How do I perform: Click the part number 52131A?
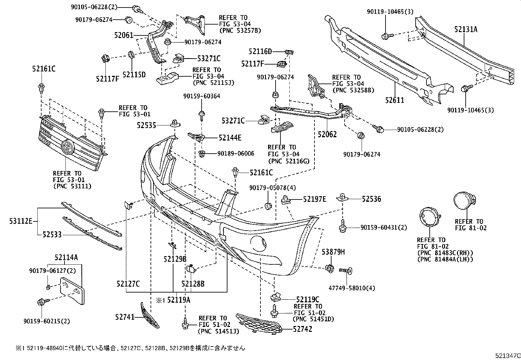click(x=466, y=29)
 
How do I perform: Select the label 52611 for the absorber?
click(x=394, y=100)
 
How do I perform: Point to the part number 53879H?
click(x=333, y=252)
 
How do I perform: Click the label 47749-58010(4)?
click(x=352, y=288)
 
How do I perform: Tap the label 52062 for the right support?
click(x=327, y=134)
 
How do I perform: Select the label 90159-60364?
click(x=202, y=96)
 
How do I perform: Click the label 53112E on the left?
click(x=21, y=221)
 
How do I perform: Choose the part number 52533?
click(x=52, y=235)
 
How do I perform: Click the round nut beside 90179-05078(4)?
click(x=268, y=206)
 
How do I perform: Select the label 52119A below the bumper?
click(x=179, y=299)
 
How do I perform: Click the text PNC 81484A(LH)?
click(x=445, y=259)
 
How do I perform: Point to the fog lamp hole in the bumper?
click(x=259, y=243)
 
